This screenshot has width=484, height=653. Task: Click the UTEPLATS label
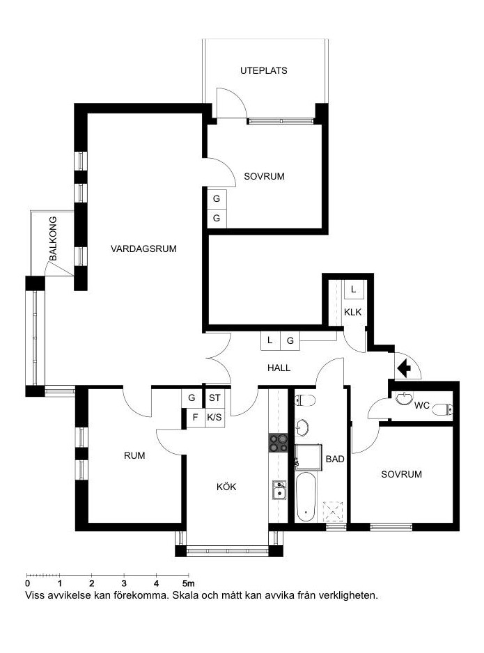[x=264, y=71]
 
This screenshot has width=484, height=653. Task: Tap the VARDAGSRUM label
[x=143, y=249]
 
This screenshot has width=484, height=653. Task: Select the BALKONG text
[x=53, y=239]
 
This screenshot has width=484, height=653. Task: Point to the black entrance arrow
[x=404, y=368]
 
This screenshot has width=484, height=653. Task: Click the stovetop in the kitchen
[x=279, y=443]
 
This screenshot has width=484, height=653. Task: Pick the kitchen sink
[x=279, y=490]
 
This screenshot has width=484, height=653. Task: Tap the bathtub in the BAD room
[x=305, y=496]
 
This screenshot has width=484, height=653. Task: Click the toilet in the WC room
[x=442, y=410]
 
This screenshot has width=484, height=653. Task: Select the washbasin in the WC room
[x=403, y=398]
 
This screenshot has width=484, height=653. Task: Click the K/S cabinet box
[x=214, y=417]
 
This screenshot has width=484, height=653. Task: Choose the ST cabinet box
[x=214, y=398]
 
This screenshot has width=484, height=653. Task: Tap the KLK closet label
[x=353, y=312]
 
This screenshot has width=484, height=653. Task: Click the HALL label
[x=279, y=368]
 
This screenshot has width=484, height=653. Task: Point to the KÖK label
[x=226, y=487]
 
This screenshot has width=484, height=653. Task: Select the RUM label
[x=134, y=455]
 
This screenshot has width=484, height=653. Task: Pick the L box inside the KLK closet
[x=354, y=289]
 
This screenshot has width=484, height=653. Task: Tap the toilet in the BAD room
[x=305, y=400]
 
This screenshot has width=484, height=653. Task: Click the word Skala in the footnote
[x=185, y=595]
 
